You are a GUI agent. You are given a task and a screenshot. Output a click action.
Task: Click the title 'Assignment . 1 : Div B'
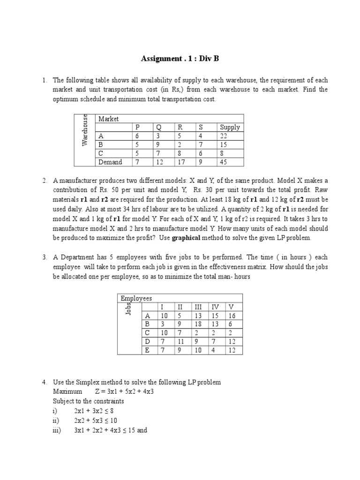(180, 59)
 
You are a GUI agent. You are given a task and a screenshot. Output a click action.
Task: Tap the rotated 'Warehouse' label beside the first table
(85, 130)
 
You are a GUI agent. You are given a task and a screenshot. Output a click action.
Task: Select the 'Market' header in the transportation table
(108, 119)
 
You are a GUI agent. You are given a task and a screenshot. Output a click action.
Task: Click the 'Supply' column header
(229, 127)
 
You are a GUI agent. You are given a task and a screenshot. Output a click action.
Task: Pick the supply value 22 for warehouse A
(224, 136)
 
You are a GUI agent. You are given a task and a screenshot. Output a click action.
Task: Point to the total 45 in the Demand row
(224, 162)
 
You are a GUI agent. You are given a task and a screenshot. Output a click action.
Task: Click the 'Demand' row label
(110, 162)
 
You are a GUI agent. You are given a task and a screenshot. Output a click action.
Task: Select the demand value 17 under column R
(180, 162)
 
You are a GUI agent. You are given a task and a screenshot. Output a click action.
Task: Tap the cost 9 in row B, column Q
(158, 145)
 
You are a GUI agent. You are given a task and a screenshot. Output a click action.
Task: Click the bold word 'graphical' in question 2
(189, 238)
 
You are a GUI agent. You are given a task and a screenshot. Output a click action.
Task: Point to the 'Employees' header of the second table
(136, 298)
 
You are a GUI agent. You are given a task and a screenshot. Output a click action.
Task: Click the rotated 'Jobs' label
(128, 307)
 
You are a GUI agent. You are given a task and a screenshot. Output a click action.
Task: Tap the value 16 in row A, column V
(232, 316)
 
